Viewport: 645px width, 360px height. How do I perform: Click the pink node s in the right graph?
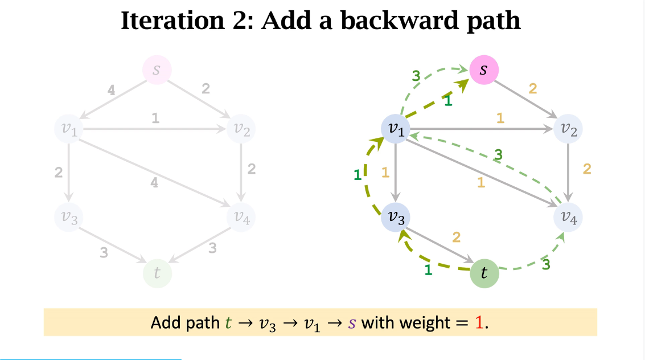click(x=484, y=70)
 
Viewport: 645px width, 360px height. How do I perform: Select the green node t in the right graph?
click(x=484, y=273)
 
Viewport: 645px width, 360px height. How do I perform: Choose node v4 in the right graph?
click(x=568, y=216)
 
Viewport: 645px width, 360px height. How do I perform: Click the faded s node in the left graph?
click(x=157, y=70)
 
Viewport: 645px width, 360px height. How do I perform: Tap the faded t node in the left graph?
click(x=157, y=273)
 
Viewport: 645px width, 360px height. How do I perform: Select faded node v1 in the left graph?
click(x=68, y=129)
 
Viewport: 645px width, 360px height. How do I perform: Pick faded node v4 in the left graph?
click(x=241, y=216)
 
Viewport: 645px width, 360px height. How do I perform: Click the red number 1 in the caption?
click(x=479, y=323)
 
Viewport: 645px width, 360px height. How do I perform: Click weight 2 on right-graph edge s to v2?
click(x=533, y=88)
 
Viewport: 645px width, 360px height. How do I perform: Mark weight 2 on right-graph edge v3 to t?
click(x=456, y=237)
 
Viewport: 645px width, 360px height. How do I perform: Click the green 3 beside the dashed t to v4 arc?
click(x=545, y=264)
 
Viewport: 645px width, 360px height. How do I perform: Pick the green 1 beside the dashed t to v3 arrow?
click(x=428, y=271)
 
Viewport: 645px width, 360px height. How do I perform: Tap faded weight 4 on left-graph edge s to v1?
click(x=112, y=89)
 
